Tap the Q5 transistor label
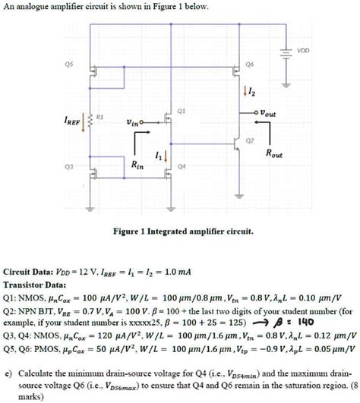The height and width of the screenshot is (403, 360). [71, 65]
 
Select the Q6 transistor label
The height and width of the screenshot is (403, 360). [250, 65]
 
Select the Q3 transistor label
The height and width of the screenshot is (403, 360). [71, 164]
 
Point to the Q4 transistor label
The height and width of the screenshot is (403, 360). [182, 164]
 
